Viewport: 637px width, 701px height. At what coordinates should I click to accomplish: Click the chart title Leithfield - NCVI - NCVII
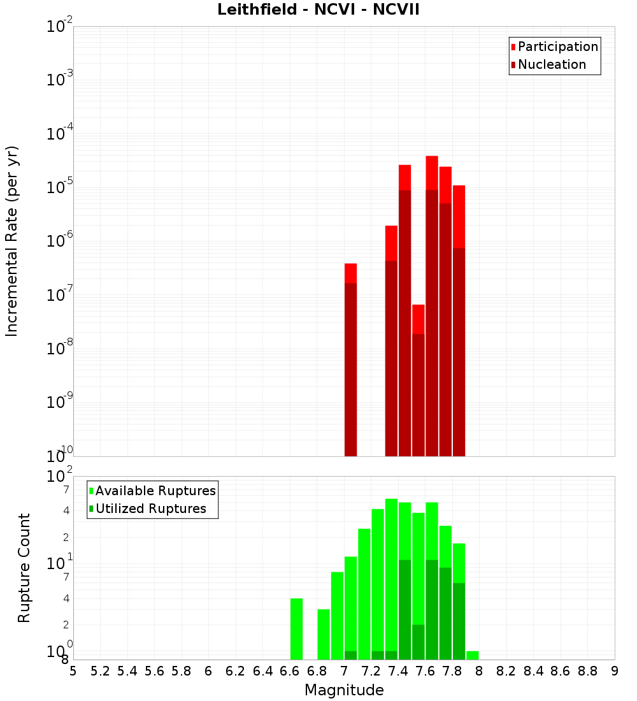pos(318,10)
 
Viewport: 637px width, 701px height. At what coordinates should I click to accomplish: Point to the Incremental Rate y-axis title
pos(12,241)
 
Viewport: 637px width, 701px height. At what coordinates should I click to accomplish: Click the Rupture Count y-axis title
pos(24,568)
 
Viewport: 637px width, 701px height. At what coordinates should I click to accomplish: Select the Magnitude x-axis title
pos(344,690)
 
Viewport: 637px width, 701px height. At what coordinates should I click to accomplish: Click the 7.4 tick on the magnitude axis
pos(398,671)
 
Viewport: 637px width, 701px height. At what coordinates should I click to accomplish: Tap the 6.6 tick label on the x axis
pos(290,671)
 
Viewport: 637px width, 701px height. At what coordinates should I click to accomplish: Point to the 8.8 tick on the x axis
pos(587,671)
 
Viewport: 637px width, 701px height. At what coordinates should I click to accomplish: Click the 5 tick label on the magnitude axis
pos(73,671)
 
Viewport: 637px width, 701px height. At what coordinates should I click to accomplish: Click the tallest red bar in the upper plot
pos(432,306)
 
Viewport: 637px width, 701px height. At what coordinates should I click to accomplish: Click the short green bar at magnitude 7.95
pos(472,655)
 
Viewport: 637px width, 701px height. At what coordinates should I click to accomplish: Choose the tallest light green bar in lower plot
pos(391,574)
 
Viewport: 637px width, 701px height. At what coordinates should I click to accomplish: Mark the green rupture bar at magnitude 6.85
pos(324,634)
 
